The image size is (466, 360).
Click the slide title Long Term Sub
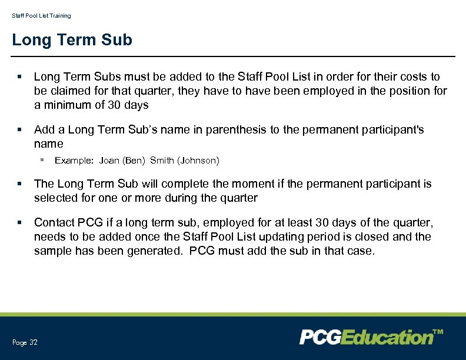pos(72,40)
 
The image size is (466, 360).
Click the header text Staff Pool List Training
pos(41,16)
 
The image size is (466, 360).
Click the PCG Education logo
pos(366,337)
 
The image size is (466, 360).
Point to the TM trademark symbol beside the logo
pos(438,332)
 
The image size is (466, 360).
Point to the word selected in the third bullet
pos(55,198)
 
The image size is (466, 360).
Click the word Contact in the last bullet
pos(54,222)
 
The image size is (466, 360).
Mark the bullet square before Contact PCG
pos(20,222)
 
